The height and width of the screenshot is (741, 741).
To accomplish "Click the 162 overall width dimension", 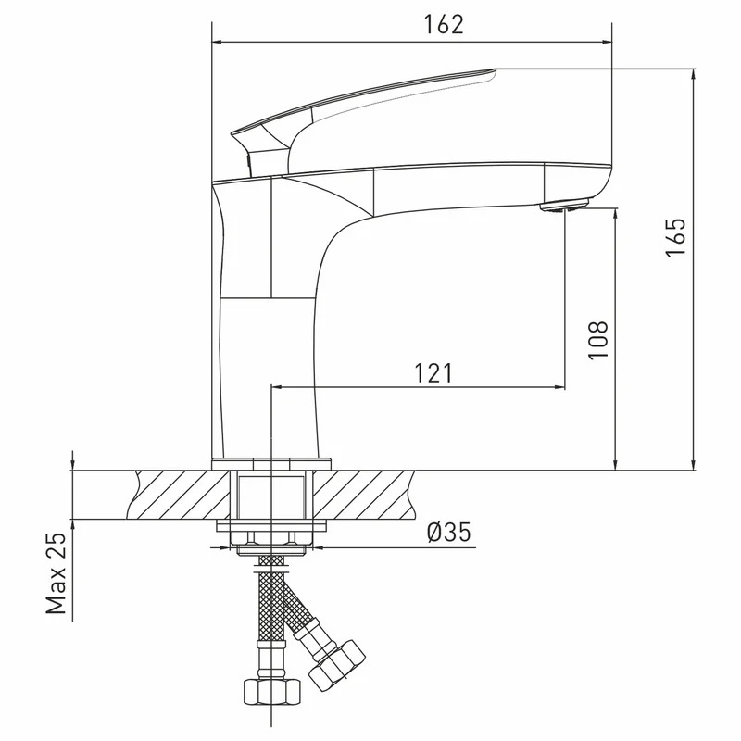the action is tap(444, 25).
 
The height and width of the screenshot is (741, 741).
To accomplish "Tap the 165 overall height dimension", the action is tap(676, 237).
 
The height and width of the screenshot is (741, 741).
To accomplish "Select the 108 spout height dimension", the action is tap(597, 340).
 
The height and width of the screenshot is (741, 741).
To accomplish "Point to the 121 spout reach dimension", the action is tap(433, 373).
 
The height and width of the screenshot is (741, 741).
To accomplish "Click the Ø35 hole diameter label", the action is tap(448, 533).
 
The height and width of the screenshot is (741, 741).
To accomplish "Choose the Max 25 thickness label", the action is tap(56, 572).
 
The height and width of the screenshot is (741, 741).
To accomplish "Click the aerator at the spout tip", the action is tap(564, 206).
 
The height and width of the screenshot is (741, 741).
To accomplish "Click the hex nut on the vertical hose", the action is tap(271, 692).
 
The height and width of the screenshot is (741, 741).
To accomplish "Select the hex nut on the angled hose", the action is tap(337, 665).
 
